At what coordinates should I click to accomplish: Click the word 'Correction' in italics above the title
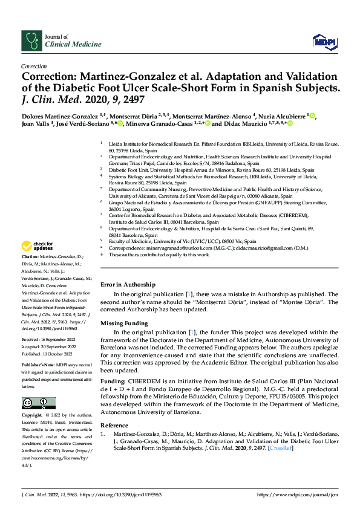(34, 66)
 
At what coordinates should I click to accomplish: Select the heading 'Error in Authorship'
(128, 284)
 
